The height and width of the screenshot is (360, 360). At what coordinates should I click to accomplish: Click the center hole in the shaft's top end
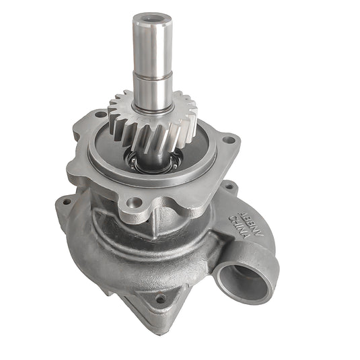[x=149, y=16]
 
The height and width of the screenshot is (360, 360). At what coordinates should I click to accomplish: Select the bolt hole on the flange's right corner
[x=230, y=141]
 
